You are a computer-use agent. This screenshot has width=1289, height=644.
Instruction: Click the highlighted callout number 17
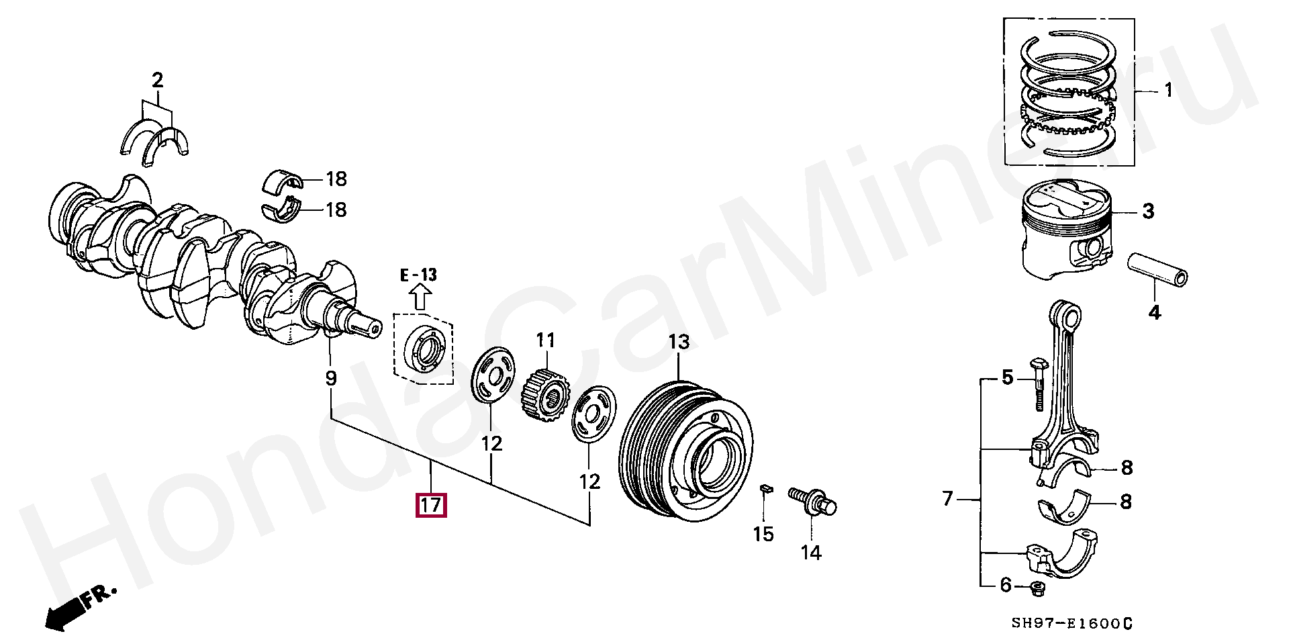point(431,504)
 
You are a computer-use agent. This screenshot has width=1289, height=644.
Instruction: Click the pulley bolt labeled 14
point(813,502)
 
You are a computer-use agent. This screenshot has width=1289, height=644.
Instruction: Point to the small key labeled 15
point(764,488)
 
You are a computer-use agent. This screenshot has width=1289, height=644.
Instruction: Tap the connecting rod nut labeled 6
point(1037,589)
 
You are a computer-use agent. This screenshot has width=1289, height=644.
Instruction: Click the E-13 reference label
point(418,275)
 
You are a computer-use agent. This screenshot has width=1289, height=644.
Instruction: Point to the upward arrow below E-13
point(421,296)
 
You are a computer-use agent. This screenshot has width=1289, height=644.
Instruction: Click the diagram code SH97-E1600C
point(1072,624)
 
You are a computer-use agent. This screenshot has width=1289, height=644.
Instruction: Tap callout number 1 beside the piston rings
point(1168,90)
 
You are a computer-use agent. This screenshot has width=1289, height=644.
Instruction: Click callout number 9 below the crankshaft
point(331,379)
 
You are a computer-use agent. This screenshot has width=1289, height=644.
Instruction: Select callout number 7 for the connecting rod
point(947,499)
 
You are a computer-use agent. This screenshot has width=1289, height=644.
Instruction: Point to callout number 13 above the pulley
point(679,342)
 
